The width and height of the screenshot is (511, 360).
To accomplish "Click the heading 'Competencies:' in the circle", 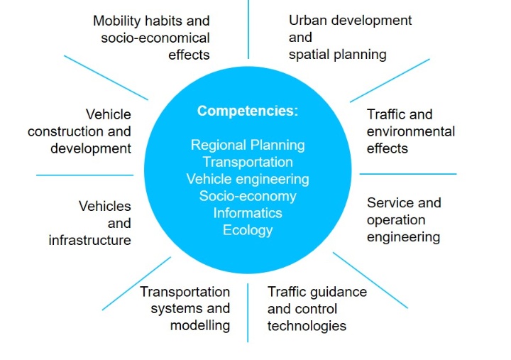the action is click(248, 111).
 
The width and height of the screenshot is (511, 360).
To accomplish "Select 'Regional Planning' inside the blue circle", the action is click(248, 146).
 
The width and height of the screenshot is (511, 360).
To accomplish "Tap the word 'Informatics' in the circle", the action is click(248, 213).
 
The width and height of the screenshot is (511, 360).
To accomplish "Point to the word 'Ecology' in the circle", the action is click(248, 230).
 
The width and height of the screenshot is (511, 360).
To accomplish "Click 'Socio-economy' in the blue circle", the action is click(248, 196).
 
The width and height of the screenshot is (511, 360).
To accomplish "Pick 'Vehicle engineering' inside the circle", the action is click(248, 180).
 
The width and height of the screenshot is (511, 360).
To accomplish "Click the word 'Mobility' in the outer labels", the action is click(117, 21).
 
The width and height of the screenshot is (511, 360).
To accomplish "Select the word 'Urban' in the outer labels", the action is click(307, 20).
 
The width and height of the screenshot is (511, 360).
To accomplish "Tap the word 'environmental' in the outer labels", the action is click(411, 131).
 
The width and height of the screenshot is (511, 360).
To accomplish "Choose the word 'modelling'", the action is click(200, 326).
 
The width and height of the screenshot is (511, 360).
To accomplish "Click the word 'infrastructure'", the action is click(89, 240).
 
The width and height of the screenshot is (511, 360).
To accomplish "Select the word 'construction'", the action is click(65, 132).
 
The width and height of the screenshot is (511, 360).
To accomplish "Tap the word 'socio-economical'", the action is click(155, 38).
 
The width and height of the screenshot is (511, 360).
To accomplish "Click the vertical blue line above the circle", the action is click(248, 29).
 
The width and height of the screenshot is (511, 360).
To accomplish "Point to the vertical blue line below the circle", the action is click(248, 312).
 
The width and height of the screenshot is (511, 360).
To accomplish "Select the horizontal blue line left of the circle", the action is click(84, 175).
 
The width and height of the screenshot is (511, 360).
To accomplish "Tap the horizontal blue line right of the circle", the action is click(408, 174).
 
